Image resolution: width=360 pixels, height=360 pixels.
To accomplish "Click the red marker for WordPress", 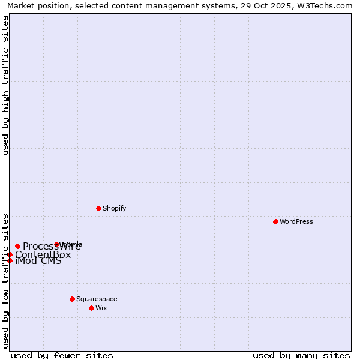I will [x=275, y=221].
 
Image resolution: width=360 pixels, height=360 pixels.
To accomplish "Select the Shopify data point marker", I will [x=98, y=208].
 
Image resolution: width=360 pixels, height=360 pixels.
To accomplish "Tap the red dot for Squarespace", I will [x=72, y=299].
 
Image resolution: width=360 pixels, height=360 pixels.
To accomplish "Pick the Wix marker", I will [x=91, y=308].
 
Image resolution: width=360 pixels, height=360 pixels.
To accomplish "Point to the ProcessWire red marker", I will [x=17, y=246].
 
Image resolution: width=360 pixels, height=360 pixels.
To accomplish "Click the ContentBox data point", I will [x=10, y=254].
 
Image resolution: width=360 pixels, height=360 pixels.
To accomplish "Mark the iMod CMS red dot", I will [x=10, y=260].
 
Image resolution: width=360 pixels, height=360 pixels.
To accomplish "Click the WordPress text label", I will [x=296, y=221].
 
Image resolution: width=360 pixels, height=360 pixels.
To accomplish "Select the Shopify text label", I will [x=115, y=208].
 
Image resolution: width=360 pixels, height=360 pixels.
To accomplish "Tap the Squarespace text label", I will [x=97, y=299].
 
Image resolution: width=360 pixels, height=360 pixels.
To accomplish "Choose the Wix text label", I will [x=101, y=308].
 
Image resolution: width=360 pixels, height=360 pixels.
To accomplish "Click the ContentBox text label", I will [x=43, y=254].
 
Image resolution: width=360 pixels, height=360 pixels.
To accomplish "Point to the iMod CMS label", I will [x=38, y=261].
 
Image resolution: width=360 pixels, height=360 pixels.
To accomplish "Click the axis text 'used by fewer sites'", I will [x=62, y=355].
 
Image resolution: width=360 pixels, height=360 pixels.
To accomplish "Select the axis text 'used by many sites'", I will [x=301, y=355].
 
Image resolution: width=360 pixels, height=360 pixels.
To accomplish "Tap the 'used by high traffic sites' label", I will [x=5, y=85].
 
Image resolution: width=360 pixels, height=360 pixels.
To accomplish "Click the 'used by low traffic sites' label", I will [x=5, y=281].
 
